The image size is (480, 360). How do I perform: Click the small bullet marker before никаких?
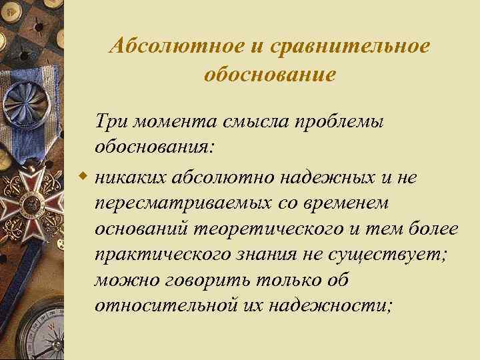tap(83, 176)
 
